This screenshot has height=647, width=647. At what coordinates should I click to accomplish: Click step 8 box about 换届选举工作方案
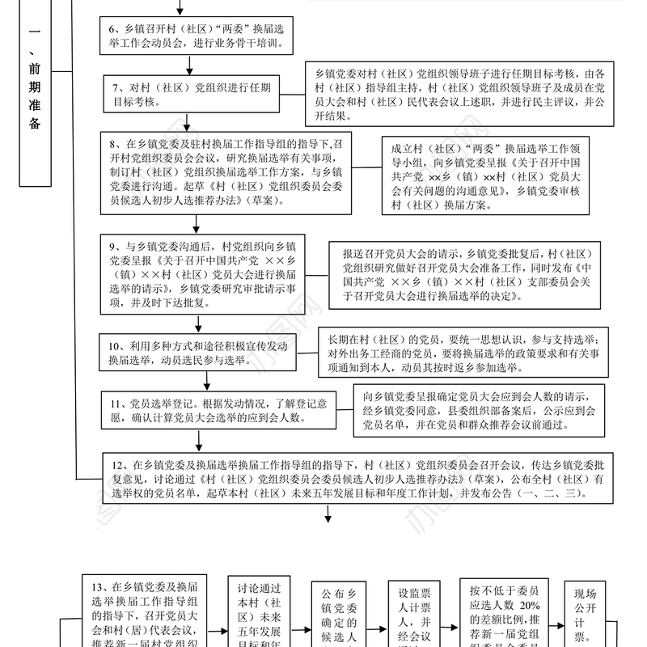226,171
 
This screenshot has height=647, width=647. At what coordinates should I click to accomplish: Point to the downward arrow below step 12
328,515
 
